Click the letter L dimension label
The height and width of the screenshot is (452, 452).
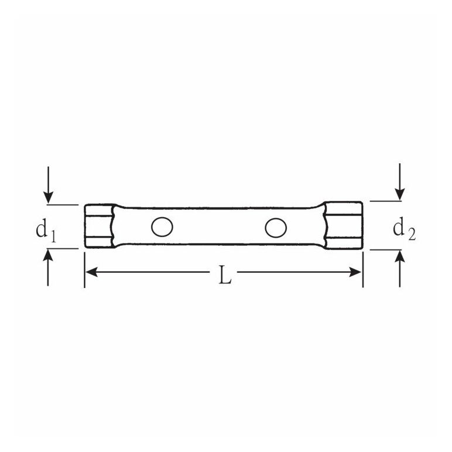point(225,275)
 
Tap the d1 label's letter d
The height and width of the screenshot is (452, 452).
point(41,228)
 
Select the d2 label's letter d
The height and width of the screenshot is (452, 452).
point(399,227)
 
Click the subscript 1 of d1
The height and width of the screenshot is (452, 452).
point(53,235)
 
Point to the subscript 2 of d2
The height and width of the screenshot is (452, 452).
point(412,234)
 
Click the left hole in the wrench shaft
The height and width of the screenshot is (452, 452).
point(162,227)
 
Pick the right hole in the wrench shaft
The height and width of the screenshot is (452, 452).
point(276,228)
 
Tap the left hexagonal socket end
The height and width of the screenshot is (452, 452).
point(99,226)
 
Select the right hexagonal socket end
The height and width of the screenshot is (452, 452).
point(343,225)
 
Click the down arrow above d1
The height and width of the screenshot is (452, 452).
point(49,185)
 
